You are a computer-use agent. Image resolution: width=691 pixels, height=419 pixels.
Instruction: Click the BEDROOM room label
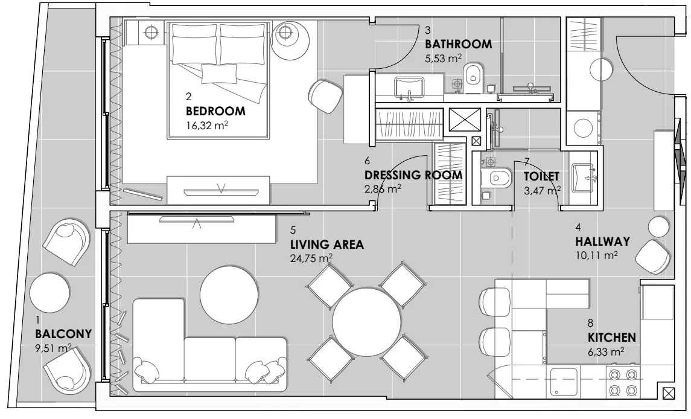click(215, 111)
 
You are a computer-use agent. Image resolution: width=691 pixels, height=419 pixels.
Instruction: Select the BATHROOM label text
click(458, 44)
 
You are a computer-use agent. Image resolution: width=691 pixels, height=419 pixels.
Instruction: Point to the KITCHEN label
click(612, 337)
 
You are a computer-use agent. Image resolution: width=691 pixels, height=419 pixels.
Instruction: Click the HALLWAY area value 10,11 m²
click(596, 255)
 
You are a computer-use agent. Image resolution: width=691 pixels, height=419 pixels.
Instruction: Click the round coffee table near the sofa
click(229, 294)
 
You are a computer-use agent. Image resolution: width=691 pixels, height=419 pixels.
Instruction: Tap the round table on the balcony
click(50, 292)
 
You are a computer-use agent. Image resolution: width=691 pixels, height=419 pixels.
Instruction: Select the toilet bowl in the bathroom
click(473, 78)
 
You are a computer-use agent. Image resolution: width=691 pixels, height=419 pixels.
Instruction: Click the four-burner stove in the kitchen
click(623, 382)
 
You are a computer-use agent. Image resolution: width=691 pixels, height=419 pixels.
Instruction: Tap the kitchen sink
click(564, 382)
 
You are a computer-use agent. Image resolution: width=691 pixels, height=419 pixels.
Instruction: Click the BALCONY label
click(63, 334)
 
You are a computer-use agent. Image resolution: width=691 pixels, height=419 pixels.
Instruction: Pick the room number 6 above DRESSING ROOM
click(367, 161)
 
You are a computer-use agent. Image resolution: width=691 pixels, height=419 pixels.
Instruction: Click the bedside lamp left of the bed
click(151, 32)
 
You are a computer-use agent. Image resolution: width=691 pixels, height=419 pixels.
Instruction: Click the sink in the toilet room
click(583, 178)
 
